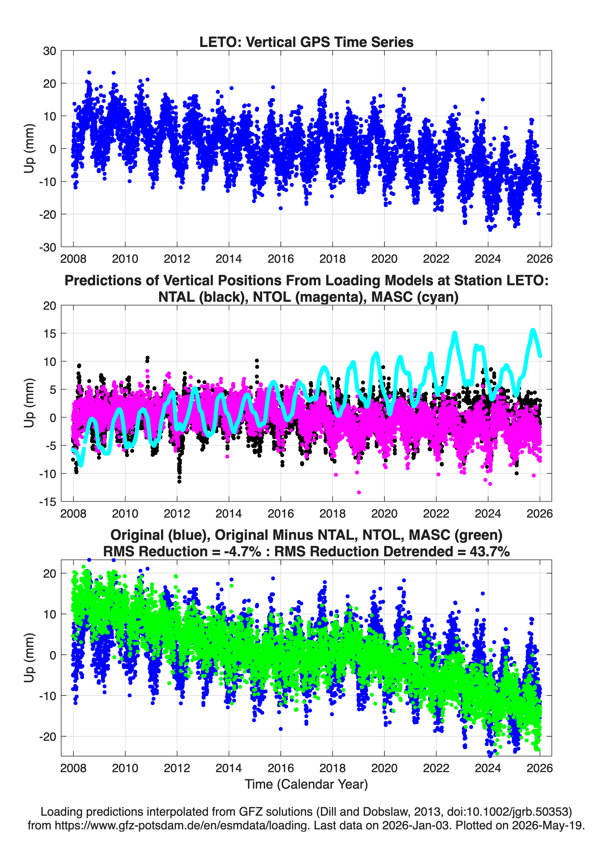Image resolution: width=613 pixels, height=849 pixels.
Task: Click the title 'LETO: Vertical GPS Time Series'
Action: point(306,42)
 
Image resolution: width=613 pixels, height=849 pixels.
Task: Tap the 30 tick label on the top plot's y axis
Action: point(50,51)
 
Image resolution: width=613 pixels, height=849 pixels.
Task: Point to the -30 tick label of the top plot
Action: point(48,247)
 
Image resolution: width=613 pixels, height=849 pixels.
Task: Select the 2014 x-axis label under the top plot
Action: point(229,259)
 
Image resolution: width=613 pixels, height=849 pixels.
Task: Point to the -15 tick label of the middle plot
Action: point(48,502)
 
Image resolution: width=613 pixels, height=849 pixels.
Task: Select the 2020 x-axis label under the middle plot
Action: point(384,513)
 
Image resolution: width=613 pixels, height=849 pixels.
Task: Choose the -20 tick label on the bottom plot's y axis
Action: point(48,737)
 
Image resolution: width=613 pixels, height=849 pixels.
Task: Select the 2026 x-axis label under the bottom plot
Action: point(540,768)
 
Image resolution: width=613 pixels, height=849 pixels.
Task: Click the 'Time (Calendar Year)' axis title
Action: point(306,784)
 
